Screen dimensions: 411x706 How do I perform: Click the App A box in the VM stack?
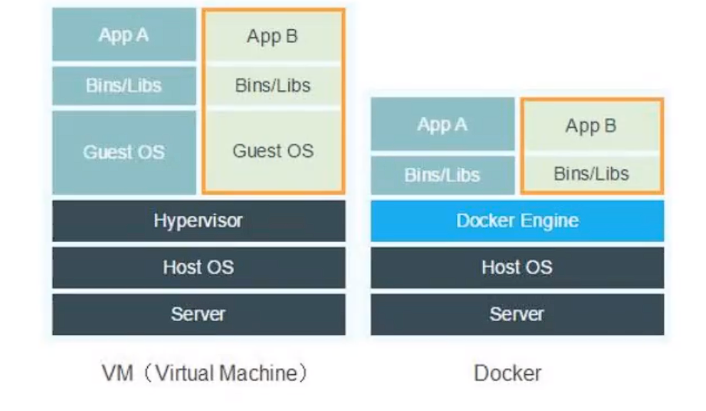tap(124, 35)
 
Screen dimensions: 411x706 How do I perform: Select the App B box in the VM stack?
tap(273, 36)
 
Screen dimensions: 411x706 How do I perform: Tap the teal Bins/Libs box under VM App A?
tap(124, 85)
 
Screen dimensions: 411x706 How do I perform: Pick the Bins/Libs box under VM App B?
tap(273, 85)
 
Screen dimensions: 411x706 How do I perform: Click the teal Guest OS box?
tap(124, 152)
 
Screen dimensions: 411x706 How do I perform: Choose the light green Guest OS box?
tap(273, 151)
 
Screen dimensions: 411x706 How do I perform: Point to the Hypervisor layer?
tap(199, 221)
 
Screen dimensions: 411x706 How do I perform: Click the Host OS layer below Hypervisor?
tap(199, 267)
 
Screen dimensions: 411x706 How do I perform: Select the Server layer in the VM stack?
tap(199, 314)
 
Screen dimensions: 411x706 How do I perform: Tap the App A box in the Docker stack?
tap(442, 124)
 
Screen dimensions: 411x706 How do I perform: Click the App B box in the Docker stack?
tap(591, 126)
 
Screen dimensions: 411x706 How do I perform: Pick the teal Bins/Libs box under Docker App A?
tap(442, 175)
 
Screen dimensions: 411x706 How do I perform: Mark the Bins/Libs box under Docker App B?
tap(591, 174)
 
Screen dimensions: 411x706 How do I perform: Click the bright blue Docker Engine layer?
tap(517, 221)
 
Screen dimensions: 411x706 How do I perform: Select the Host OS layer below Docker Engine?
tap(517, 267)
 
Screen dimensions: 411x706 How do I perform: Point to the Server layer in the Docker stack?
tap(517, 314)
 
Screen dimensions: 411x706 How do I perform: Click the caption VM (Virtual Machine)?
tap(205, 373)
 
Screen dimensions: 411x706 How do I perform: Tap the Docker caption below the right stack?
tap(507, 373)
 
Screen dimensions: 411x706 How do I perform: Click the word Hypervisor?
tap(199, 221)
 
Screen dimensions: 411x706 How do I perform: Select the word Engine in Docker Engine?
tap(550, 222)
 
